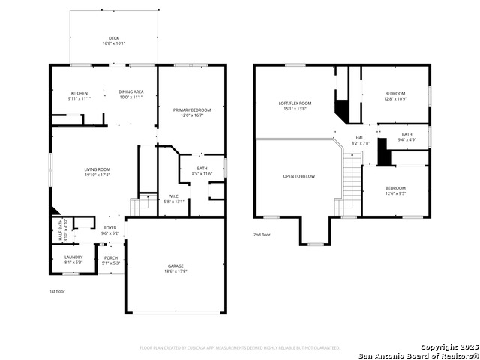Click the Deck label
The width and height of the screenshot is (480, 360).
click(114, 37)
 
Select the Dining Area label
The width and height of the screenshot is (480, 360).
click(131, 92)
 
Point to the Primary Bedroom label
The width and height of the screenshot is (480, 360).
click(191, 110)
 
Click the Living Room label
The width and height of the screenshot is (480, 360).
click(97, 169)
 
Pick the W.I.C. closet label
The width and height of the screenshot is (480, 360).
click(173, 196)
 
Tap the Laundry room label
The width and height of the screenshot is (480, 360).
click(73, 256)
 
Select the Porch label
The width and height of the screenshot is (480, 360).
click(110, 256)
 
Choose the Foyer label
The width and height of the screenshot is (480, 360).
click(110, 228)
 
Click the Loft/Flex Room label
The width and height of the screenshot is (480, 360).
click(295, 103)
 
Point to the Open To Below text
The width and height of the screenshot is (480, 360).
click(299, 176)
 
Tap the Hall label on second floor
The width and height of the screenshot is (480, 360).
click(361, 138)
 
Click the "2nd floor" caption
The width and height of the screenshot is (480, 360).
click(262, 235)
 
